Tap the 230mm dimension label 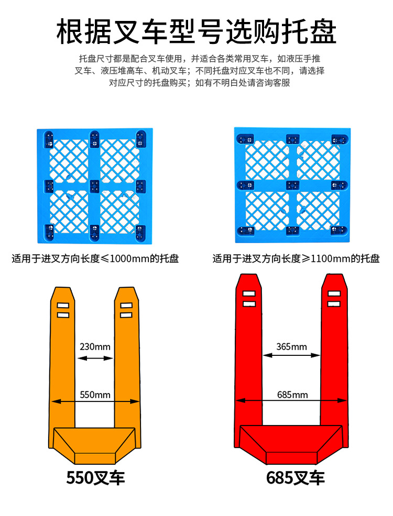click(95, 346)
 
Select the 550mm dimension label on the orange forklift click(95, 395)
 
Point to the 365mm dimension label click(291, 346)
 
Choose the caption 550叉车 click(95, 477)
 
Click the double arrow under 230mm click(95, 358)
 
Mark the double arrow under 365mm click(291, 355)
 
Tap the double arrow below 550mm click(95, 402)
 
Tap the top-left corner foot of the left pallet click(49, 139)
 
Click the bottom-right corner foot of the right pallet click(338, 230)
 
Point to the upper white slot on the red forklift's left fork click(249, 294)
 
